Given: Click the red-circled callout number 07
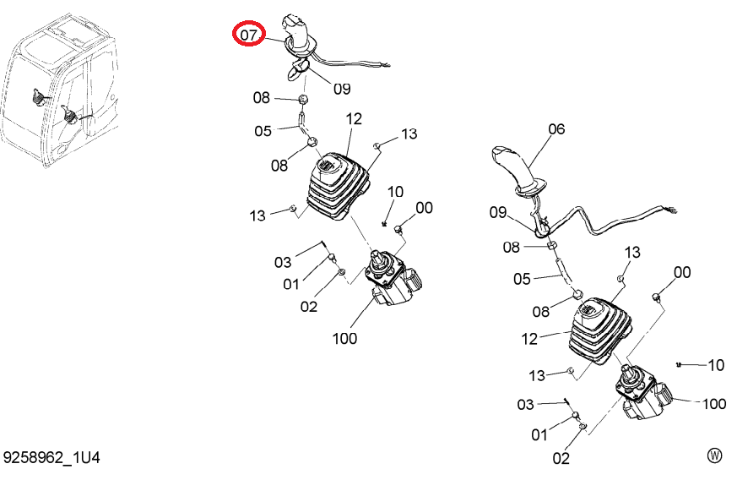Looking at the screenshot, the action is click(249, 35).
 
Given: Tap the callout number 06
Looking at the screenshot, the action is click(556, 129).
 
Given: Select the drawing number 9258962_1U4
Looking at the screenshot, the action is click(51, 457).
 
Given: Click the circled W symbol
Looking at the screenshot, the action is click(714, 455).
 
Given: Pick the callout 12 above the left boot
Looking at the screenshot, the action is click(354, 119).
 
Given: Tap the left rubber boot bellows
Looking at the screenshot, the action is click(338, 186).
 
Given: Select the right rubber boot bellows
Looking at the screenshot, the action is click(600, 330).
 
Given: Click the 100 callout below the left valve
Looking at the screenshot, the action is click(344, 338).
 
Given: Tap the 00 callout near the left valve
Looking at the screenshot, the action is click(424, 208).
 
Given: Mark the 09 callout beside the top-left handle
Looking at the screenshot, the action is click(342, 89).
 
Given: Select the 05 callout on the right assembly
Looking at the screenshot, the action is click(522, 279).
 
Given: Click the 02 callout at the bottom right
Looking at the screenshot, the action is click(561, 458).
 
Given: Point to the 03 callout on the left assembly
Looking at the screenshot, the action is click(283, 262).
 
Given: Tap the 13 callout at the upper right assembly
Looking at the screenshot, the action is click(632, 252).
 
